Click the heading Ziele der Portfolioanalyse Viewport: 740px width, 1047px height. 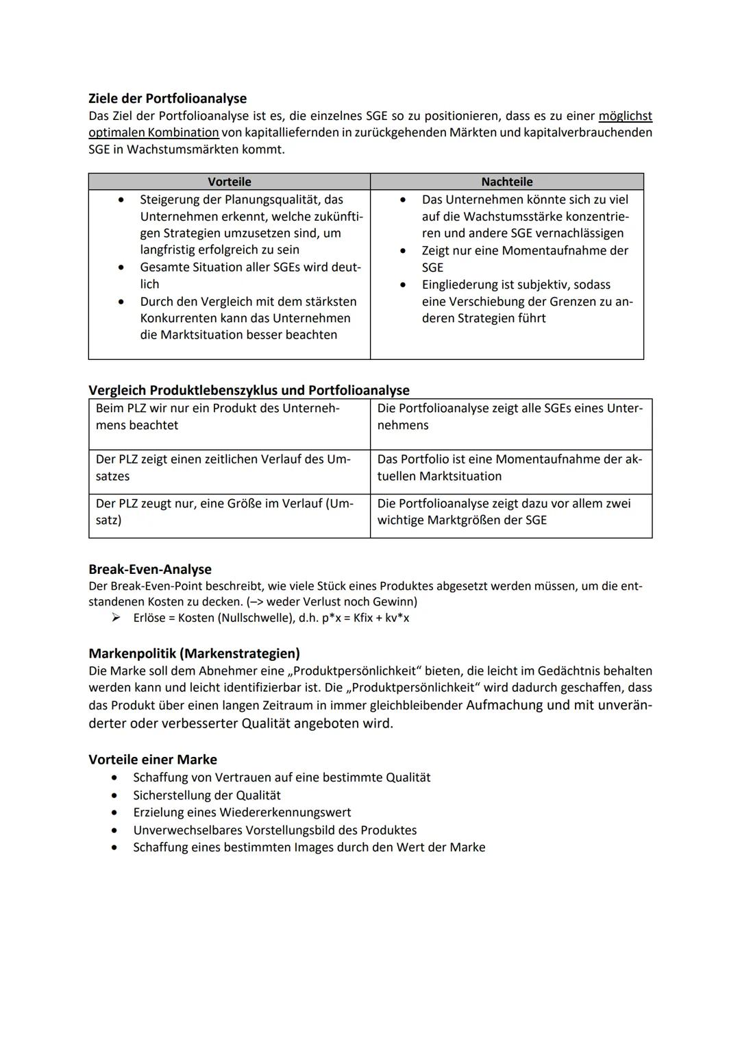coord(167,98)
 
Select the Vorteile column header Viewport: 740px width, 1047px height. coord(229,182)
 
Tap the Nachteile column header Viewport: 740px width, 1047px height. coord(506,182)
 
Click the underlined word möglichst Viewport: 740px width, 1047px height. coord(625,116)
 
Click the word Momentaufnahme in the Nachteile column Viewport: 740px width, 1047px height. coord(549,250)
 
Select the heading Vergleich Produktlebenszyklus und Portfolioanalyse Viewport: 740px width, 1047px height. coord(249,390)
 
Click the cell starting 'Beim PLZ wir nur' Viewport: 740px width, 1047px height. coord(229,417)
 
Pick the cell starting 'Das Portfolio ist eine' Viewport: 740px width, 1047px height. coord(510,468)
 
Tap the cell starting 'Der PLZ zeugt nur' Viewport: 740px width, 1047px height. coord(229,512)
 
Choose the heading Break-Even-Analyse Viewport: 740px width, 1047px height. coord(150,569)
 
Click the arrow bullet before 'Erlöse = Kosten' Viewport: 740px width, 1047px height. coord(117,618)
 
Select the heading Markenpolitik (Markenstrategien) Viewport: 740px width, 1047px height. coord(194,653)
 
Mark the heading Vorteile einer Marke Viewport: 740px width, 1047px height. coord(153,759)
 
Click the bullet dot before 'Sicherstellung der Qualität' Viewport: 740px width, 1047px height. coord(114,795)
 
